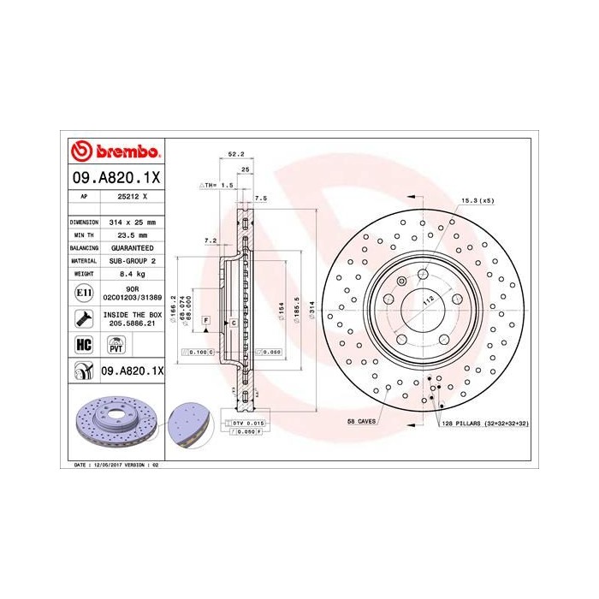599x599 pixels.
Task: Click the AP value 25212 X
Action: tap(132, 196)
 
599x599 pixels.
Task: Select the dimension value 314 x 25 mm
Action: tap(132, 222)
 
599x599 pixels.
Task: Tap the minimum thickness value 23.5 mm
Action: tap(132, 234)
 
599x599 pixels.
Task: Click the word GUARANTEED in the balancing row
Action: tap(132, 246)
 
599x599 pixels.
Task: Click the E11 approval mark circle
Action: tap(83, 293)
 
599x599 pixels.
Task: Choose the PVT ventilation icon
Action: tap(116, 346)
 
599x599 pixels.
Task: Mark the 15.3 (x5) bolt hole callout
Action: tap(477, 200)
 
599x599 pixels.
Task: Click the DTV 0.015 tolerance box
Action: tap(245, 424)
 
